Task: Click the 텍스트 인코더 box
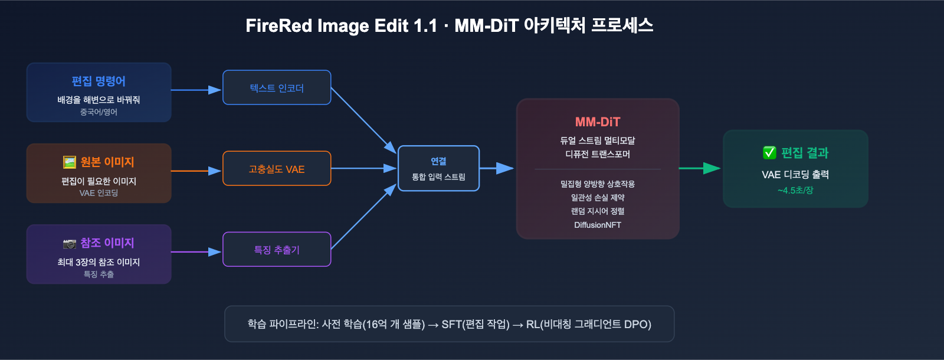coord(277,88)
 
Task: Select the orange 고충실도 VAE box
coord(277,169)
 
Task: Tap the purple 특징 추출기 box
coord(277,250)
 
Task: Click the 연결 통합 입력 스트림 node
coord(438,168)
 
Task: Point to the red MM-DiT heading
coord(598,122)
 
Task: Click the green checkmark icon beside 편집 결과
coord(769,153)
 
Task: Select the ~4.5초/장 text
coord(795,191)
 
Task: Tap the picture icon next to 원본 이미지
coord(70,162)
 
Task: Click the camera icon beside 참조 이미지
coord(70,243)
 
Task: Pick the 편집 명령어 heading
coord(99,81)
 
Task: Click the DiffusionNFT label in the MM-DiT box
coord(598,225)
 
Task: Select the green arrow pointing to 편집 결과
coord(700,168)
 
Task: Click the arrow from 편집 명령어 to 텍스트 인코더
coord(196,90)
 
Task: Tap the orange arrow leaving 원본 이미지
coord(196,171)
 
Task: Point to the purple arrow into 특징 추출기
coord(196,251)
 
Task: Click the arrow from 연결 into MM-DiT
coord(497,168)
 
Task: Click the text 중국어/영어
coord(99,112)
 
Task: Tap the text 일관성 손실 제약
coord(598,198)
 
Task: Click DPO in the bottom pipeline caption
coord(637,324)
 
